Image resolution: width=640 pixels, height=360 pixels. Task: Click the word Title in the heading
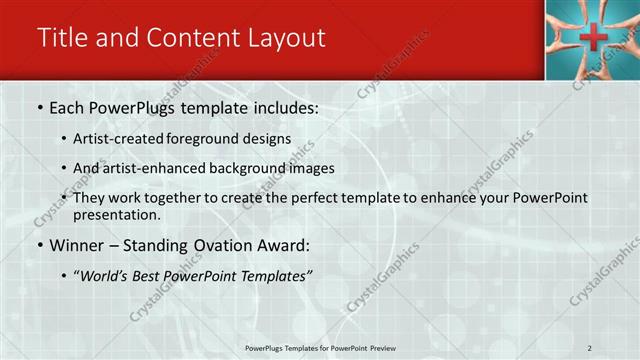tap(58, 38)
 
